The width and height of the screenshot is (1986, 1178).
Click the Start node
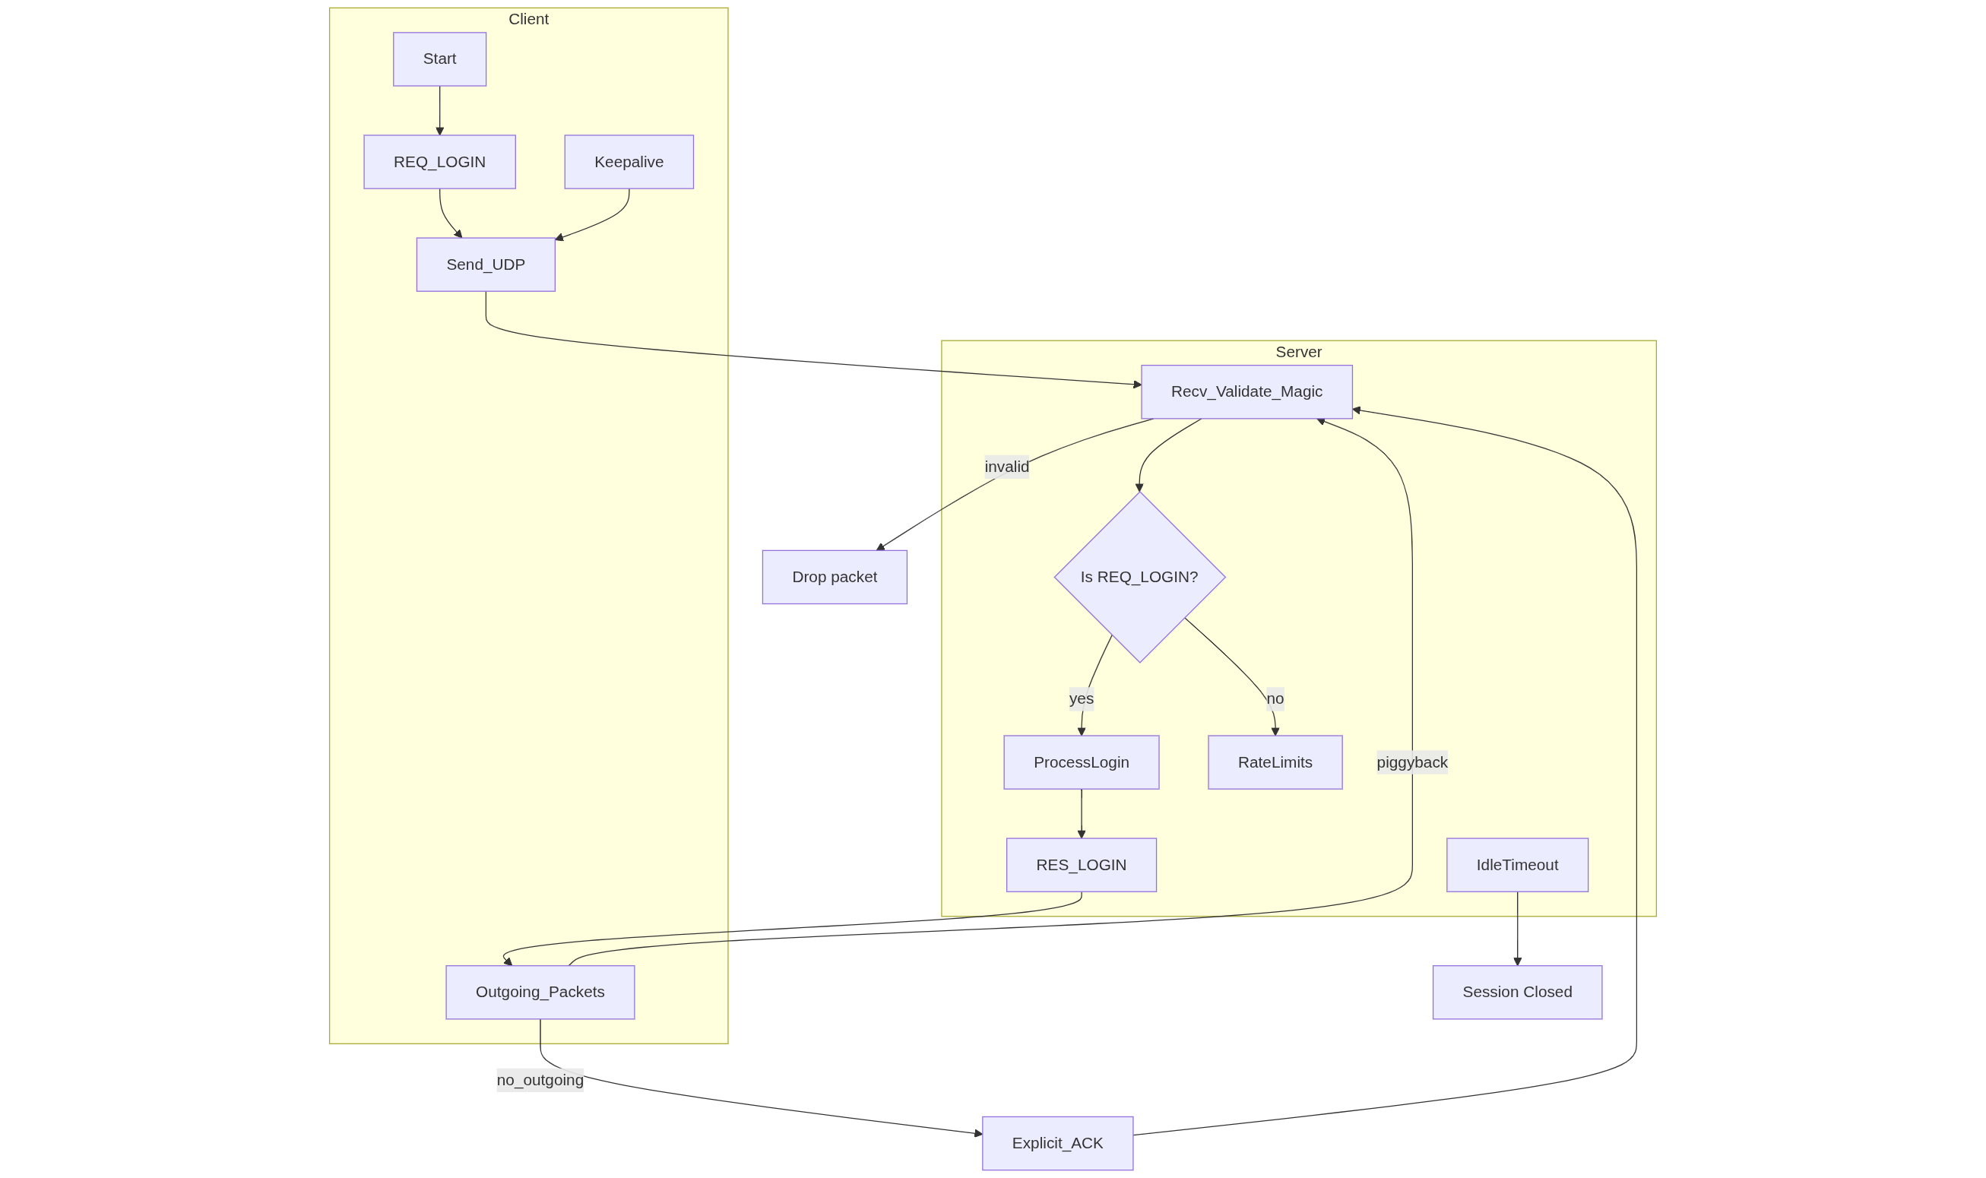[439, 59]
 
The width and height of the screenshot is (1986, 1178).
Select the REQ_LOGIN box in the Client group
[439, 162]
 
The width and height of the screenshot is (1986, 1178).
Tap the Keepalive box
[629, 162]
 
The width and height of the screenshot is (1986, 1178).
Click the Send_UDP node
[485, 264]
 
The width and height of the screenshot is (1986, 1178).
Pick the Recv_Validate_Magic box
[1246, 391]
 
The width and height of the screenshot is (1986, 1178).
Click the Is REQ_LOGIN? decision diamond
[1139, 577]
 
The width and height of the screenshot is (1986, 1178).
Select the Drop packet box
[835, 577]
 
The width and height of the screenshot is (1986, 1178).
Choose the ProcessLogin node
[1080, 762]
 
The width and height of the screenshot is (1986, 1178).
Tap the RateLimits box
[1274, 762]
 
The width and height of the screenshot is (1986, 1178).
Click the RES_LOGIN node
[1080, 864]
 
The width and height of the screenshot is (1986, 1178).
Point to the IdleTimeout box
[1516, 864]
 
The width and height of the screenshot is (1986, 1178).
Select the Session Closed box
[1516, 992]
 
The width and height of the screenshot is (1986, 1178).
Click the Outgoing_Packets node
[540, 992]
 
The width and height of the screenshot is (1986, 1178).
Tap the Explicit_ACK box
[1056, 1143]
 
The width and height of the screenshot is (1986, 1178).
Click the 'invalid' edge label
[1006, 467]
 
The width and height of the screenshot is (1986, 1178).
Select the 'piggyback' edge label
[1411, 762]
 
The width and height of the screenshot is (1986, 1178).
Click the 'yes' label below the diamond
[1080, 698]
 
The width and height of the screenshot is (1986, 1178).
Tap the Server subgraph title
[1298, 352]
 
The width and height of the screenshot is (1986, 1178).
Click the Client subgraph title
[528, 19]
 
